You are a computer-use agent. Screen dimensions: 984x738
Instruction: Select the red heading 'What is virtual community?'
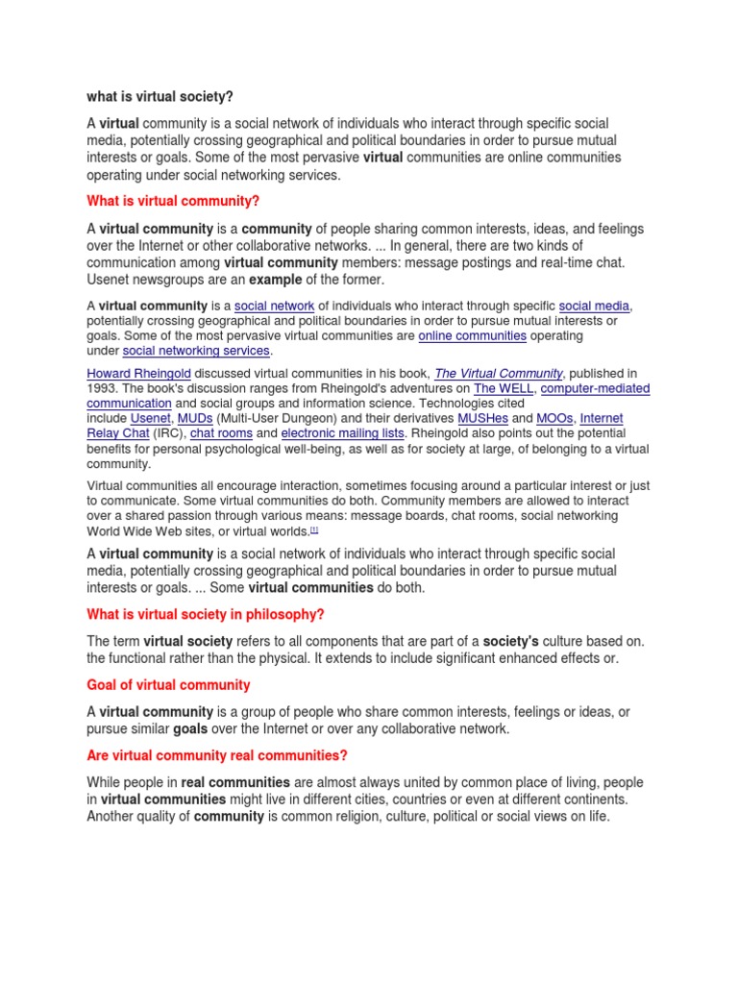pos(173,200)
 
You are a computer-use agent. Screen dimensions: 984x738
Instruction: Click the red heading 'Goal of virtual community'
pos(168,685)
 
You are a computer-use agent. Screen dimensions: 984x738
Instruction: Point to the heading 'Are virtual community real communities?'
pos(217,755)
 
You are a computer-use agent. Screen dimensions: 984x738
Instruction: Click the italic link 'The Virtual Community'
pos(498,373)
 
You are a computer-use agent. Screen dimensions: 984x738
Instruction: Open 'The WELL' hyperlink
pos(503,388)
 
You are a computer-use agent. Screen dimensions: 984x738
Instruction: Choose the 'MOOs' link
pos(554,419)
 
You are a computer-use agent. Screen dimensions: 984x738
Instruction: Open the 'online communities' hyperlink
pos(472,336)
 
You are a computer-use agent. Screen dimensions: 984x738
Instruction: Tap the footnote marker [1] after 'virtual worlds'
pos(313,529)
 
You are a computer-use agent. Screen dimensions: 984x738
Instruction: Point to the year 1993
pos(103,388)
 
